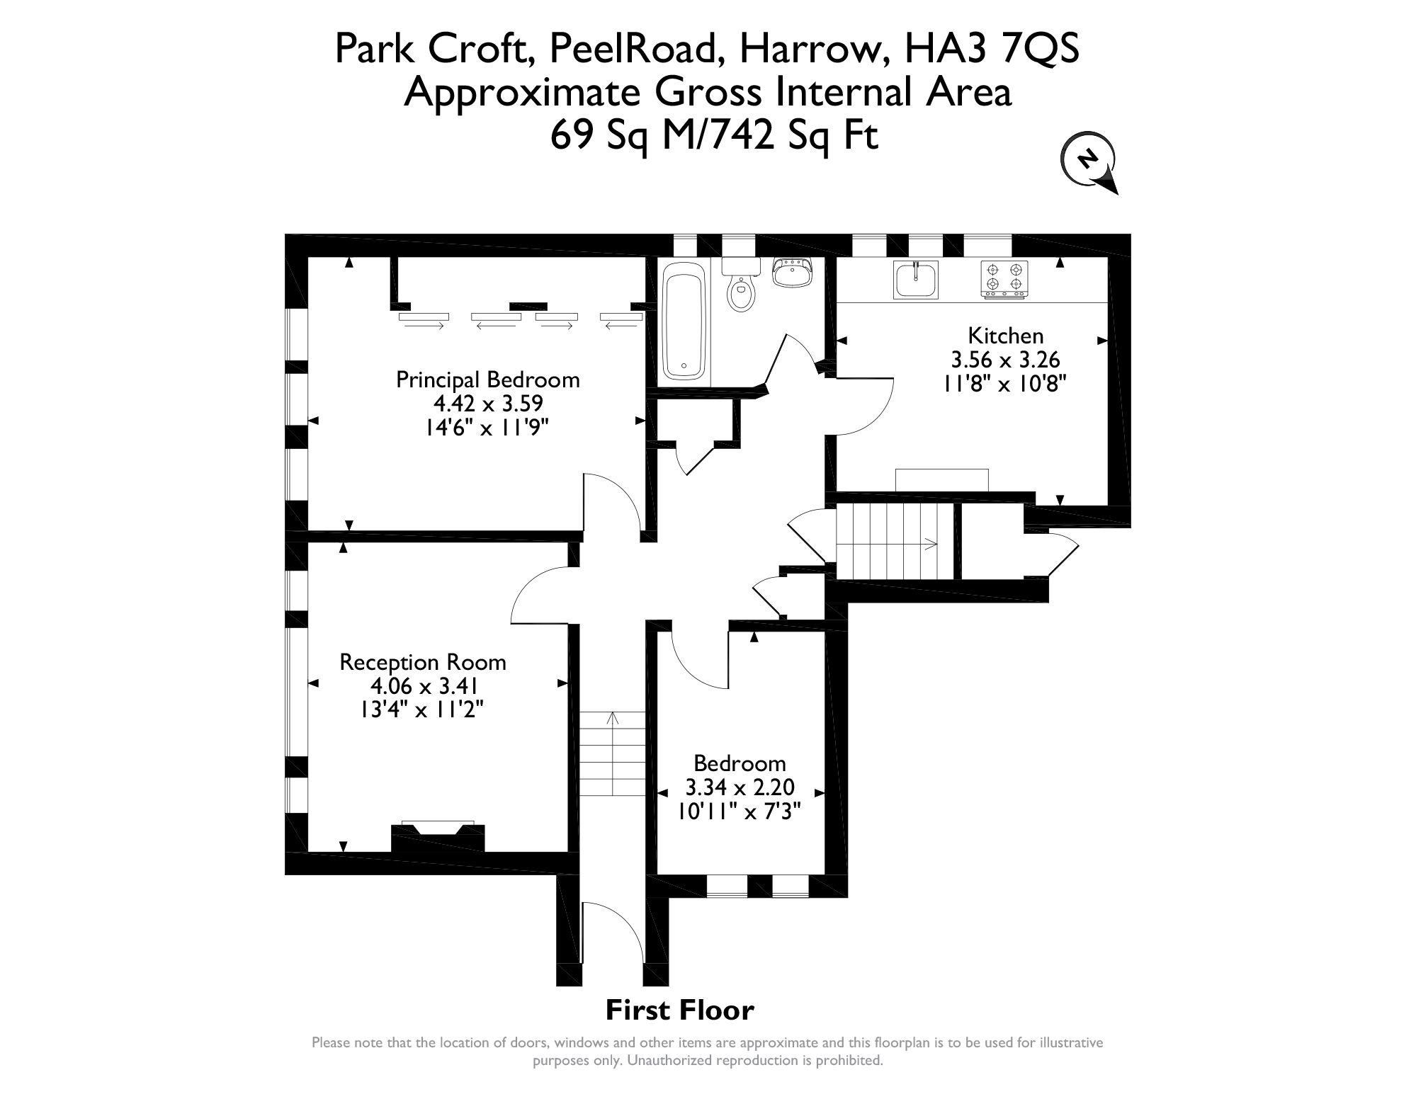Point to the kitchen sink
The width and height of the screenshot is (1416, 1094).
[916, 280]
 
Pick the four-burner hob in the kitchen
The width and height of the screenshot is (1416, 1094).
[1004, 278]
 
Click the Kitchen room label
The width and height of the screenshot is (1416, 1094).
[1006, 335]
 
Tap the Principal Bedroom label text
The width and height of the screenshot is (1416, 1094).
[487, 380]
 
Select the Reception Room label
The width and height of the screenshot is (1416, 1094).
[423, 662]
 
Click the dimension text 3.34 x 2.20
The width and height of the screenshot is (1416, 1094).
[740, 787]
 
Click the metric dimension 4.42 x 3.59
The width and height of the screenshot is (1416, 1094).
[488, 404]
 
